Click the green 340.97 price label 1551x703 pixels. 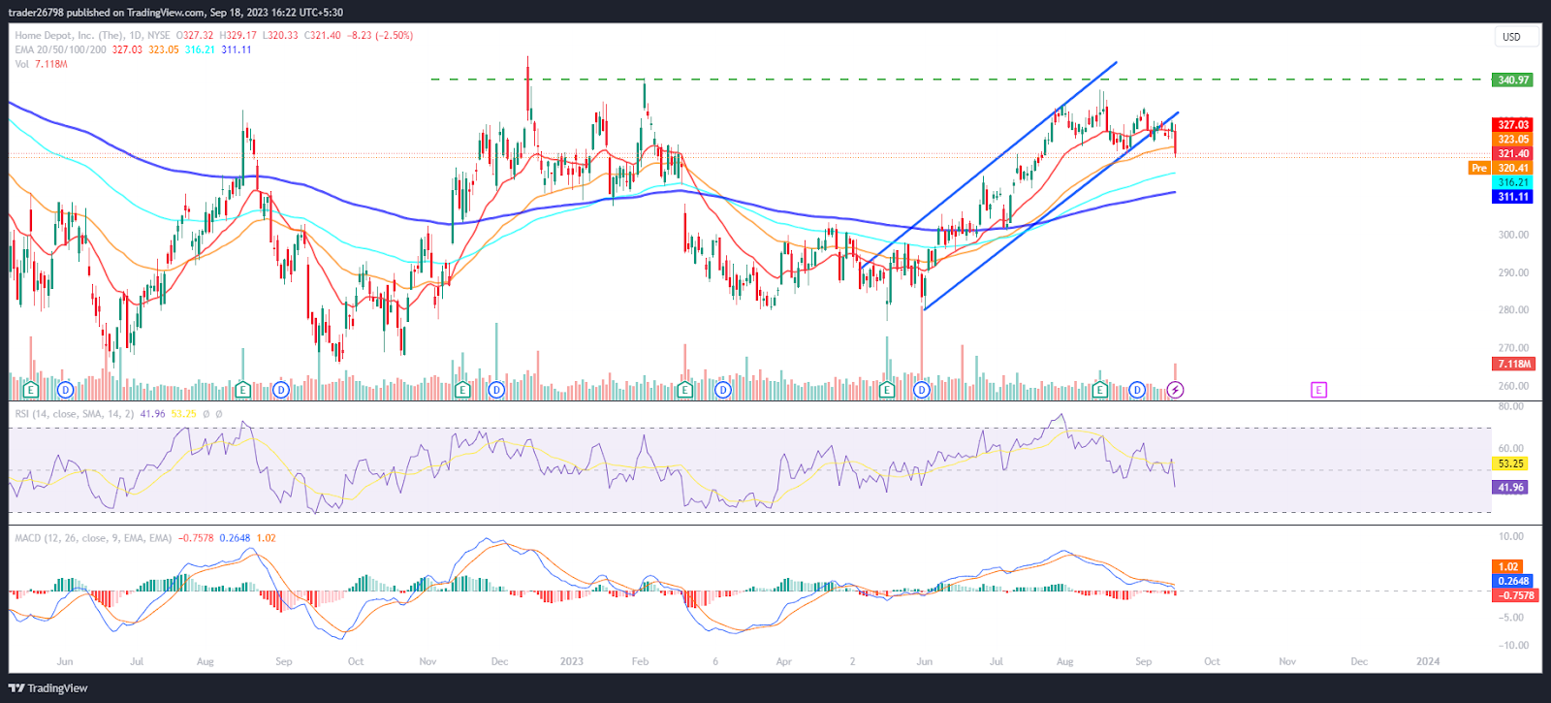tap(1512, 80)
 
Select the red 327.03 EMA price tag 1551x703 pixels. tap(1512, 125)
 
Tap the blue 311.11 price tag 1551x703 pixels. tap(1512, 197)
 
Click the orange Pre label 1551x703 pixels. tap(1478, 168)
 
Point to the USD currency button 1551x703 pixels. tap(1511, 37)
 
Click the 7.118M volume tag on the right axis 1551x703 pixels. tap(1513, 364)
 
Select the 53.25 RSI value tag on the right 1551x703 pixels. tap(1510, 463)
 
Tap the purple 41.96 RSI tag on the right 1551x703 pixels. tap(1510, 487)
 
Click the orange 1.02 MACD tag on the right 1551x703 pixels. tap(1508, 566)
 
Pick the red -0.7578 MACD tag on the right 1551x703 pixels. tap(1512, 595)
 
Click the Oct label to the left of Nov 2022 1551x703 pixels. tap(356, 661)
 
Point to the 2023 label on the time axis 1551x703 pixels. tap(571, 661)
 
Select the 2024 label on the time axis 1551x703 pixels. tap(1427, 661)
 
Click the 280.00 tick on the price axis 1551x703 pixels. tap(1512, 310)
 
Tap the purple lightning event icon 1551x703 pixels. tap(1175, 390)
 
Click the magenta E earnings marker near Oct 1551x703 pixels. tap(1318, 390)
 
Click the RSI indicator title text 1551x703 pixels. tap(74, 414)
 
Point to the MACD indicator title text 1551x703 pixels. tap(93, 538)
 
